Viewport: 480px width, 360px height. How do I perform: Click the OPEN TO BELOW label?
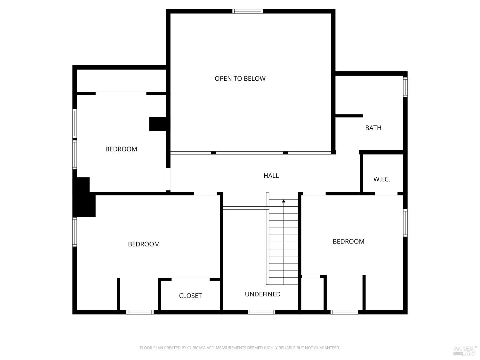[240, 78]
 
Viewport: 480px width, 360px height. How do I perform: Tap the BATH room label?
[373, 128]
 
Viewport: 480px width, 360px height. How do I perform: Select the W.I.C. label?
[381, 179]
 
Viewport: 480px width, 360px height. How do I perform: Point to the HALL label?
[271, 175]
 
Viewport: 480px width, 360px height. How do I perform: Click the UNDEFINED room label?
[262, 294]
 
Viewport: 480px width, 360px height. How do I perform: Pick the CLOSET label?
[190, 296]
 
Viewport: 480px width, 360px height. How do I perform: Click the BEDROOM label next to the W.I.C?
[348, 241]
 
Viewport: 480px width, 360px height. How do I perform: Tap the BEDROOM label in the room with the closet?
[144, 244]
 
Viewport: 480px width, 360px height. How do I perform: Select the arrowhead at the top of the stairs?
[284, 201]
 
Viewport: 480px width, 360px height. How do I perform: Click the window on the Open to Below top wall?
[247, 11]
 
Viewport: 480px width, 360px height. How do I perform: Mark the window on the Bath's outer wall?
[405, 87]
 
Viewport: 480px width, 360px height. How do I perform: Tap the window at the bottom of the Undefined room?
[261, 312]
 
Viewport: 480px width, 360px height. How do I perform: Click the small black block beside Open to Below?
[158, 124]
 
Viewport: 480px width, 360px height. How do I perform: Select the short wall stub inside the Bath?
[349, 116]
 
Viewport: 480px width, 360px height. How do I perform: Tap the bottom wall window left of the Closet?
[140, 312]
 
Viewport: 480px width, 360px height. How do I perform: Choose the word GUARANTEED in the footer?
[327, 348]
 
